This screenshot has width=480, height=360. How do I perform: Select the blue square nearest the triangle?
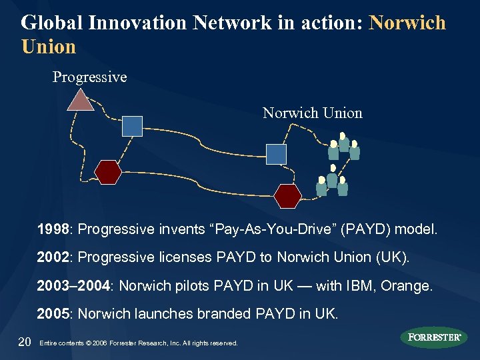133,126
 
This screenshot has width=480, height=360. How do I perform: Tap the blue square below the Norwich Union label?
276,154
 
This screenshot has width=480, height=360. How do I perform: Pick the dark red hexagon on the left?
107,172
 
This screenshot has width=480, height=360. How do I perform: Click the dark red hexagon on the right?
288,195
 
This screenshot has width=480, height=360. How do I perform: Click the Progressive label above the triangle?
89,77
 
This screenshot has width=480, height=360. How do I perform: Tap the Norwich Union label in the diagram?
312,113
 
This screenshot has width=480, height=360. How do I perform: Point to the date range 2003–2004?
73,286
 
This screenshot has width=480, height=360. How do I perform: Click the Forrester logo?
434,337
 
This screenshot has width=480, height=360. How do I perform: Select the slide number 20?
25,342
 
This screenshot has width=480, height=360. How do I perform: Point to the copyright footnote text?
139,343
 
